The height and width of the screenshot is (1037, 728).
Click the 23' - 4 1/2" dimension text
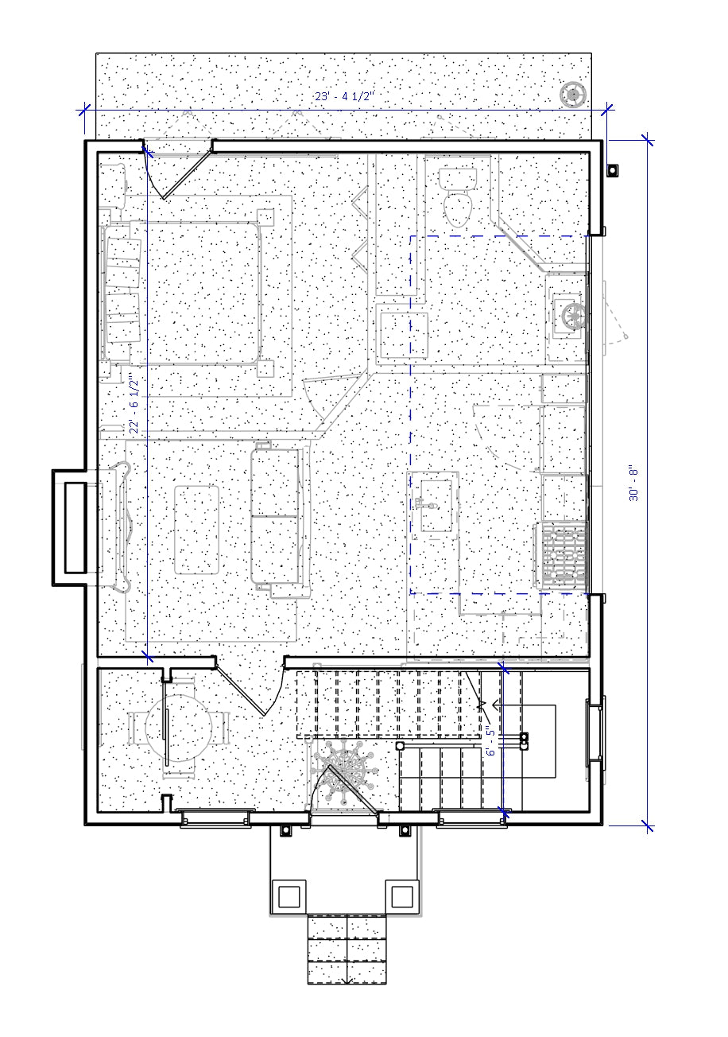(343, 96)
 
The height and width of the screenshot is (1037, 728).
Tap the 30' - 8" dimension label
(633, 483)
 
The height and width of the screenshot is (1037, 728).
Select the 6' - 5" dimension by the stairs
(490, 741)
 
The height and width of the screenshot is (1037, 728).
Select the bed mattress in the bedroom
(203, 293)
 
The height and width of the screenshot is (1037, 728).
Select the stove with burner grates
(562, 554)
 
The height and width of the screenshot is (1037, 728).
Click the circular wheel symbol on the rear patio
(572, 95)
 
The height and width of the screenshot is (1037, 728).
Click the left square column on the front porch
(288, 895)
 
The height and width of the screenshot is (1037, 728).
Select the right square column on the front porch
(401, 895)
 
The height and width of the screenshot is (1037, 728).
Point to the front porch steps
(348, 950)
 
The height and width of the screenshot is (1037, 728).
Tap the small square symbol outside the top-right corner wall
(613, 169)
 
